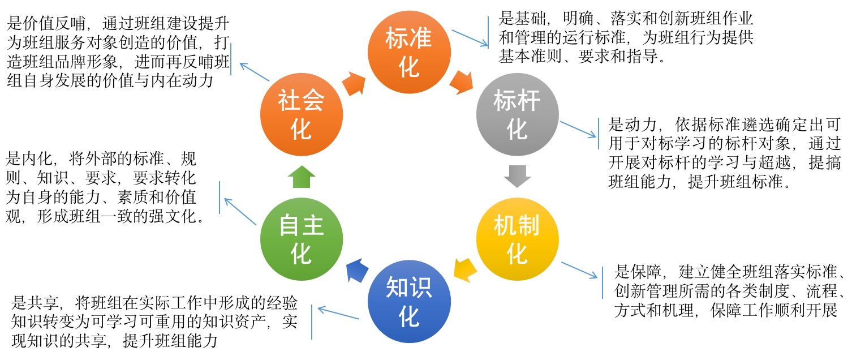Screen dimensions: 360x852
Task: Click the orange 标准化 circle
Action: pos(408,53)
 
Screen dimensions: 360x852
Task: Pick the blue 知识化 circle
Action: pos(409,302)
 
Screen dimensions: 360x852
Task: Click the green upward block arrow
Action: pos(301,176)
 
